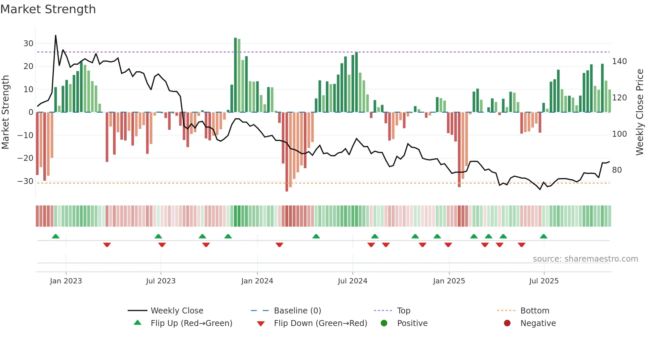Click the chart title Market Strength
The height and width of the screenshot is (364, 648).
(48, 9)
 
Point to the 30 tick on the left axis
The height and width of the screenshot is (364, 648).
(28, 44)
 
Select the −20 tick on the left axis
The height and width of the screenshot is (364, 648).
(25, 158)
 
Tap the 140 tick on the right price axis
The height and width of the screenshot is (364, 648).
(619, 61)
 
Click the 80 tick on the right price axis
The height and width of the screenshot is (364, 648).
(617, 170)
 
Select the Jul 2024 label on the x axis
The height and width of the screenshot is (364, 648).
(352, 281)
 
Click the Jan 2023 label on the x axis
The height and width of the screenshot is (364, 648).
(66, 281)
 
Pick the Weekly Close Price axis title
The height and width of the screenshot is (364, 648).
(640, 112)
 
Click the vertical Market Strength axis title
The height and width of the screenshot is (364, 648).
(6, 112)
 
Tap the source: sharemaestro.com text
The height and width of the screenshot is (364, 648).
(585, 259)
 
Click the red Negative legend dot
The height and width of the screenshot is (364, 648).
(507, 323)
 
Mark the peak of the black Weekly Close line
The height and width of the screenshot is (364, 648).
(56, 35)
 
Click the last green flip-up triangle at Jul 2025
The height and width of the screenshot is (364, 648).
(544, 236)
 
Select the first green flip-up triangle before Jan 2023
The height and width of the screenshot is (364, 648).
(56, 236)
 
